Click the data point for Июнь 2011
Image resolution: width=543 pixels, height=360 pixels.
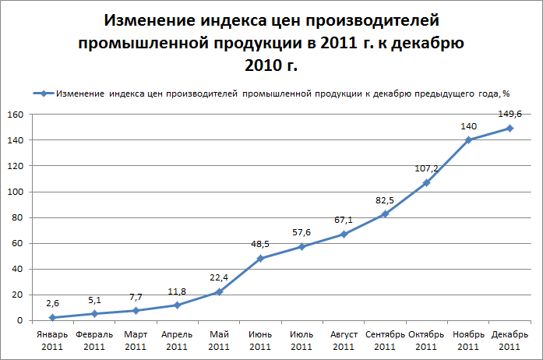260,258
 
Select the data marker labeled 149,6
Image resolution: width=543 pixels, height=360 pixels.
510,128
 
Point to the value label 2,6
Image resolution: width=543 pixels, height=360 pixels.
52,303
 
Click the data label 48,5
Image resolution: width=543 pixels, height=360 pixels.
260,243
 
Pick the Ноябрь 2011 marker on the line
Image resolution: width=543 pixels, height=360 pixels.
468,140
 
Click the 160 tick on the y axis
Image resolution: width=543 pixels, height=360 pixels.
13,115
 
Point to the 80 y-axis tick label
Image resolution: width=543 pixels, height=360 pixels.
16,217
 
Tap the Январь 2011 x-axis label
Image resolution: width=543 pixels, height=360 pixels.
52,340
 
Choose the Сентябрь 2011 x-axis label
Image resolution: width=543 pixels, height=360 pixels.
385,340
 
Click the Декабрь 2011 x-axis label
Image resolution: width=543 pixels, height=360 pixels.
510,340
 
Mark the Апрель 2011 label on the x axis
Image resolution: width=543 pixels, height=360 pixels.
177,340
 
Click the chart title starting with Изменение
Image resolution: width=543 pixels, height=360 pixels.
272,42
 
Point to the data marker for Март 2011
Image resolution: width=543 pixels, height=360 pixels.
136,310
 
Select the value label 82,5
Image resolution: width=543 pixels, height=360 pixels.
385,199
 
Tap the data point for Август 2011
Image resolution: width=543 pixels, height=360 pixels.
344,234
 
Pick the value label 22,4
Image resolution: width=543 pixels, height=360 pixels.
219,277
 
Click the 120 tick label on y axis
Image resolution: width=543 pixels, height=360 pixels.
13,166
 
